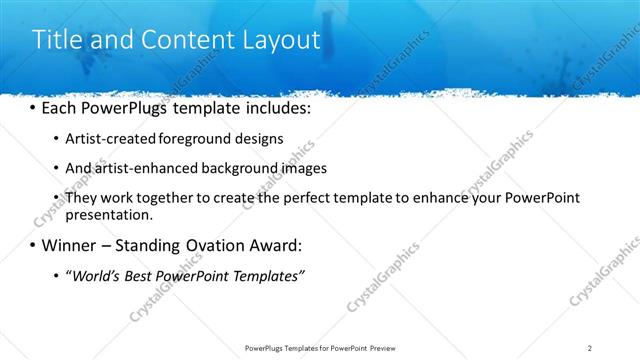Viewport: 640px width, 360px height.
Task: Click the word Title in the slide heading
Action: [57, 40]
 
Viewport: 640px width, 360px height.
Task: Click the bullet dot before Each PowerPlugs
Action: [33, 106]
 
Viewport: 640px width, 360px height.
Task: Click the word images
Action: [305, 168]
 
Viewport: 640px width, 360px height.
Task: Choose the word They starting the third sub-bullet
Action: [82, 198]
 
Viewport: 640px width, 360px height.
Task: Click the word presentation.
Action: [109, 214]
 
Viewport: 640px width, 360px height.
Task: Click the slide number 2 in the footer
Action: [590, 347]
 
